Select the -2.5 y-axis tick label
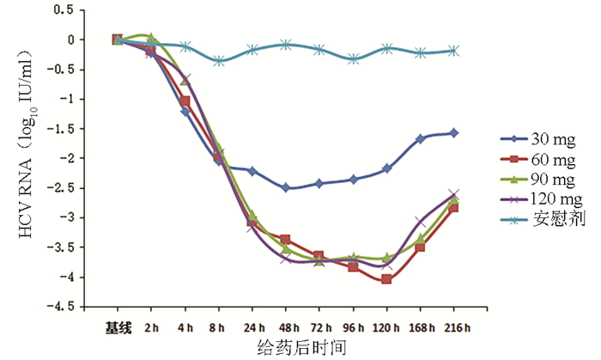(70, 188)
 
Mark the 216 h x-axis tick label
(454, 326)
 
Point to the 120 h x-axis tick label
(386, 326)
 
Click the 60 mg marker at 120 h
(386, 279)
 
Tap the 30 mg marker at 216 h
(454, 133)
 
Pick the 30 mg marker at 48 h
(285, 188)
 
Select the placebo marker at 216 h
(454, 51)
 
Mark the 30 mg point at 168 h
(421, 138)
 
